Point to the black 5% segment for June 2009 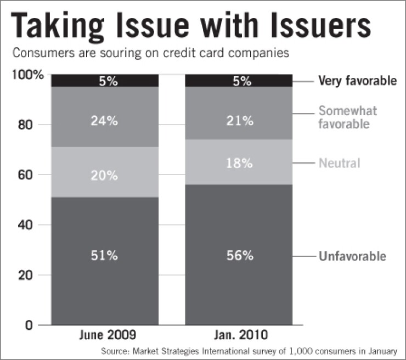(104, 81)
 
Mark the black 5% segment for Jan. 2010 (239, 81)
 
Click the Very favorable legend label (357, 81)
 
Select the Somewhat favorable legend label (347, 117)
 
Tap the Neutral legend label (339, 163)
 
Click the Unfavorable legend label (352, 256)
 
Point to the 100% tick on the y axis (27, 75)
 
